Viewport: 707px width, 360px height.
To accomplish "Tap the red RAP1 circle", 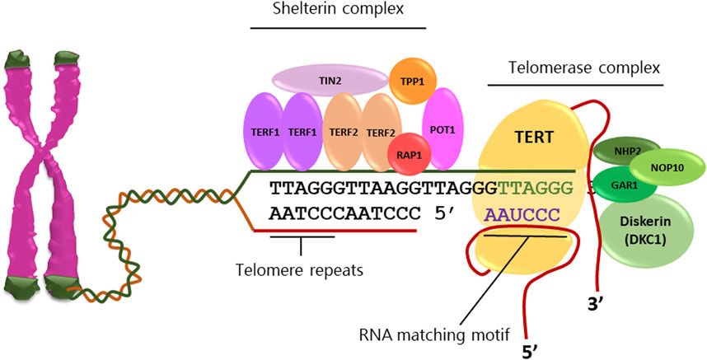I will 405,154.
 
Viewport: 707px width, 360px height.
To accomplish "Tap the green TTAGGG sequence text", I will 544,189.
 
